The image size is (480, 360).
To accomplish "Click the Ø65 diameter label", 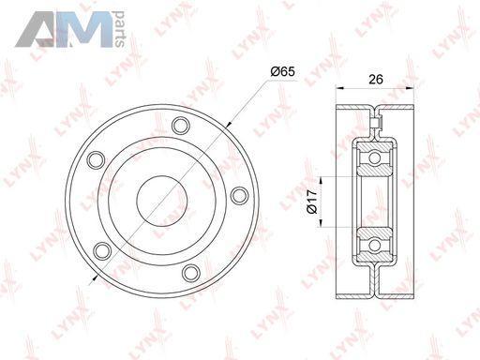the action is point(283,72).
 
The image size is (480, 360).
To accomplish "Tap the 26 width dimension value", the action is point(376,80).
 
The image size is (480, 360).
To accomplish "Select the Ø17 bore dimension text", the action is point(312,202).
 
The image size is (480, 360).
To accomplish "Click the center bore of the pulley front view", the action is point(162,201).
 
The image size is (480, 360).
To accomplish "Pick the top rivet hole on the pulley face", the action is point(181,126).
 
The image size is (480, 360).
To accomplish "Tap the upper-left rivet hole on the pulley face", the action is point(96,160).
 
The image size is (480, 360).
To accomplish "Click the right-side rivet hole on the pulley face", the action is point(239,195).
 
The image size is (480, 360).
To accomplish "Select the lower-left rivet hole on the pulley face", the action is point(102,251).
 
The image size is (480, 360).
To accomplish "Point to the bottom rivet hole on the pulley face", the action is point(191,273).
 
